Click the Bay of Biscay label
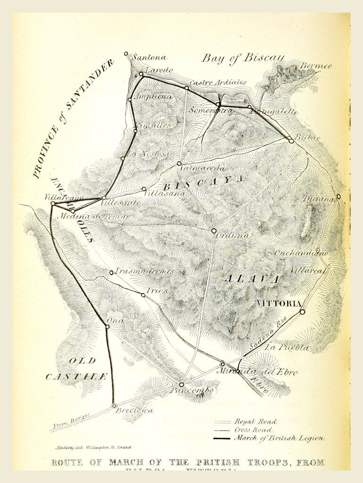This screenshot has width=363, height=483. coord(243,58)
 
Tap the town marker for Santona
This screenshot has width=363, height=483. coord(126,54)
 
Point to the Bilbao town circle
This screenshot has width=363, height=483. coord(291,141)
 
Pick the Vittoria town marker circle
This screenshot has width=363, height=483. coord(302,312)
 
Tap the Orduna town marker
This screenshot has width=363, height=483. coord(214,231)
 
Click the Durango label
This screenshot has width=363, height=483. coord(319,199)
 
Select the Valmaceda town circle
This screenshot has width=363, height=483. coord(179,163)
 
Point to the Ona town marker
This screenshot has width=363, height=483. coord(107,326)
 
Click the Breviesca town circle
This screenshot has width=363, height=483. coord(114,406)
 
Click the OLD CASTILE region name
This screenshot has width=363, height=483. coord(76,368)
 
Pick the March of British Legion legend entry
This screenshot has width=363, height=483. coord(279,438)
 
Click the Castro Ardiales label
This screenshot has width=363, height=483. coord(218,82)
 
